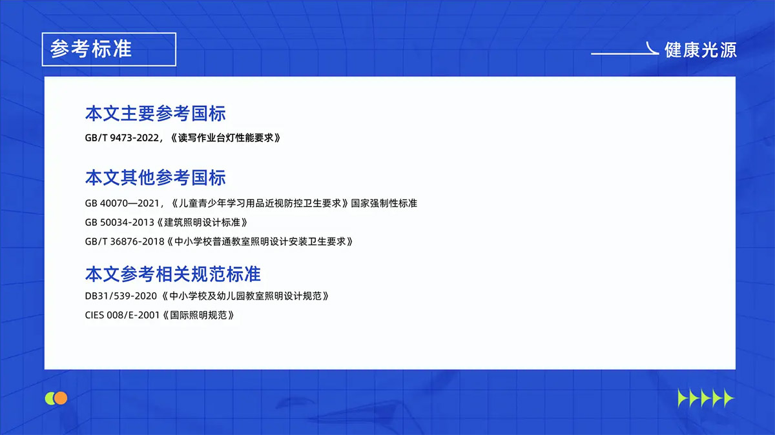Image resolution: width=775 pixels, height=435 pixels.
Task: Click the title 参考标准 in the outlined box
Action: click(91, 49)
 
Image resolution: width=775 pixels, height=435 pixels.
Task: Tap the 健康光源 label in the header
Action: click(700, 50)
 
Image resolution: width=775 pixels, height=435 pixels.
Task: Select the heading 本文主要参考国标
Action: click(155, 114)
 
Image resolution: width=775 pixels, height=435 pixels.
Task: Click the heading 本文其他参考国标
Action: click(155, 177)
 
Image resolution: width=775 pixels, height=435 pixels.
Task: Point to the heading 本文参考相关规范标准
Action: click(172, 274)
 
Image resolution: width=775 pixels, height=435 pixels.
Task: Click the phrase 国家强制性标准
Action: click(384, 203)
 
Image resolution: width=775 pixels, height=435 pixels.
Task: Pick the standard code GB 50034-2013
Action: click(119, 223)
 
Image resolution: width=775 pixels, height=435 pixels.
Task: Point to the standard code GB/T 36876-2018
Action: click(125, 242)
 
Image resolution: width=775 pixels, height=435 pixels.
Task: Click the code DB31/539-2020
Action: click(121, 296)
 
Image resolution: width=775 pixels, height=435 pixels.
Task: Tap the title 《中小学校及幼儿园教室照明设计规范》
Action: click(246, 296)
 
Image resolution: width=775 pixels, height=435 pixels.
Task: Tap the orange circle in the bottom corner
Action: click(61, 398)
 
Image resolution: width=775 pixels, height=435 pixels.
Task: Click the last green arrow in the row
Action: click(728, 398)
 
